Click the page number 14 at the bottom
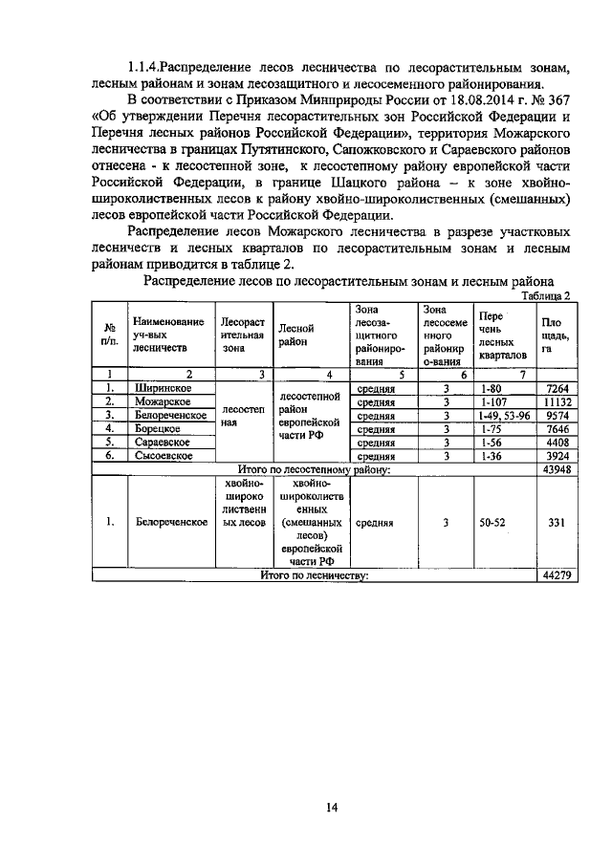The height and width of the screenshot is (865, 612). click(x=331, y=808)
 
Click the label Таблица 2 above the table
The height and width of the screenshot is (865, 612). click(x=544, y=295)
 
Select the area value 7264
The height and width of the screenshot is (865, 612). click(x=555, y=389)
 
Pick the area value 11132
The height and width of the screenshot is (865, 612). click(x=555, y=402)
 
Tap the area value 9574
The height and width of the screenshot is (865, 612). click(x=555, y=416)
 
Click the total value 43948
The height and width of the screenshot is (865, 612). click(x=555, y=469)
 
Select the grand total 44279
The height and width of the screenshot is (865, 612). click(x=555, y=575)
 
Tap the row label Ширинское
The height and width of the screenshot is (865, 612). click(x=162, y=389)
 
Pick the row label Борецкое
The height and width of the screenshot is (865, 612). click(x=157, y=429)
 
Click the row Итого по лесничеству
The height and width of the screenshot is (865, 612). click(x=315, y=575)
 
